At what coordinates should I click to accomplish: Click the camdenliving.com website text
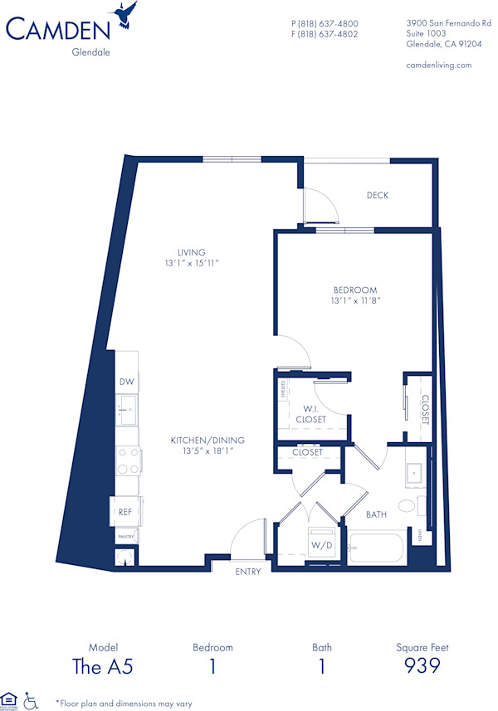coord(439,65)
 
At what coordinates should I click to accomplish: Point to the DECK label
coord(378,196)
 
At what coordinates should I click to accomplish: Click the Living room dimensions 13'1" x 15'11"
coord(191,263)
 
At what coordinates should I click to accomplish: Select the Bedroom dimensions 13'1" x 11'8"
coord(354,301)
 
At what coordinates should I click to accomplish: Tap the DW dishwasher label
coord(126,382)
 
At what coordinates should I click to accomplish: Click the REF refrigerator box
coord(125,512)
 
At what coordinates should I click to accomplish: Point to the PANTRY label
coord(125,538)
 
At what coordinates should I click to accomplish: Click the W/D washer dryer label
coord(321,545)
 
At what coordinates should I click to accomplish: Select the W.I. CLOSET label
coord(310,413)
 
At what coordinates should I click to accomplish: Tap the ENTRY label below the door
coord(248,572)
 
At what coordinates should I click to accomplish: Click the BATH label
coord(377,514)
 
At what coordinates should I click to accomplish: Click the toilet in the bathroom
coord(408,505)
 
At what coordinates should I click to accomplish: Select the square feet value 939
coord(422,665)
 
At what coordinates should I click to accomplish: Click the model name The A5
coord(104,665)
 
